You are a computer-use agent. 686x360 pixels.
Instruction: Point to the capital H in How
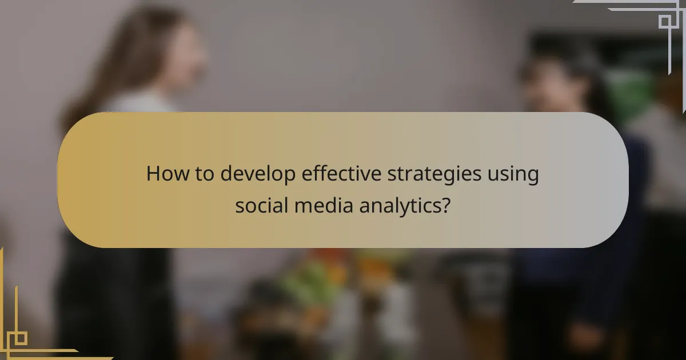(x=153, y=174)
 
